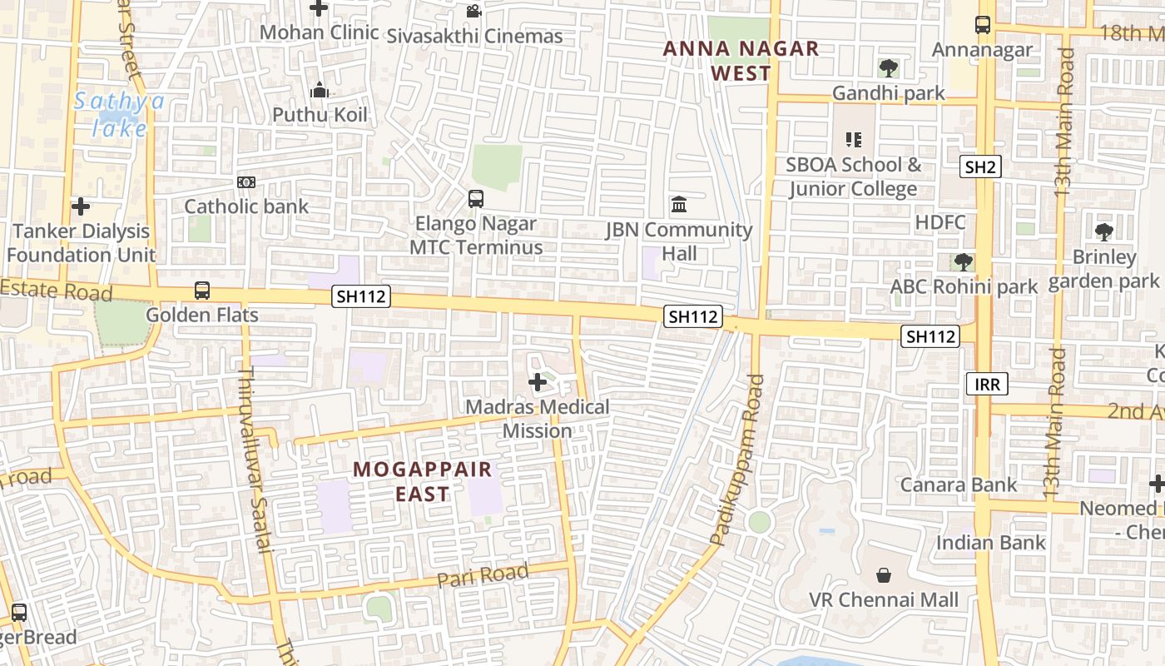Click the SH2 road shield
(x=979, y=166)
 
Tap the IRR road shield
(x=987, y=384)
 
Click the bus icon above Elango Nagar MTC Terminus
(x=475, y=199)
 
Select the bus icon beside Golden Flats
(x=202, y=291)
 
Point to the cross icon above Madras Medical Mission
(x=538, y=382)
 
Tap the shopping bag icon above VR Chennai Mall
(x=883, y=575)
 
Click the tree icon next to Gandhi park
(x=888, y=67)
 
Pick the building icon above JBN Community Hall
(x=679, y=205)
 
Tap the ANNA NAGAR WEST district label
(x=741, y=61)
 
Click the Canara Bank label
(x=959, y=485)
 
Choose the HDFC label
(x=940, y=222)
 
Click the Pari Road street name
(x=483, y=575)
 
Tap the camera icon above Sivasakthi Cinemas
(x=473, y=12)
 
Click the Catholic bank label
(x=246, y=206)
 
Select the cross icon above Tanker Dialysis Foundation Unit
(x=81, y=206)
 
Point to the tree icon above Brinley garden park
(x=1103, y=231)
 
